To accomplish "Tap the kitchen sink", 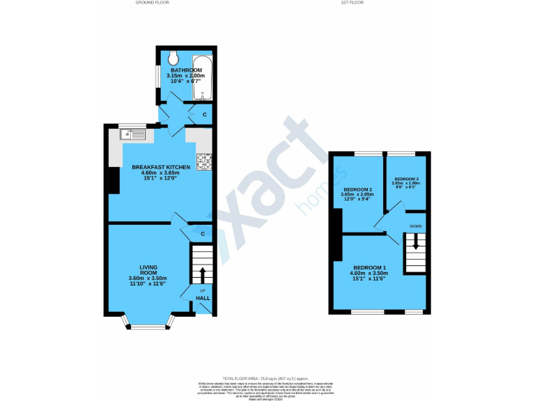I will pos(132,134).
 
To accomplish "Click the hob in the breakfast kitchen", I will pos(204,162).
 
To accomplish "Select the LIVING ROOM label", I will pos(148,269).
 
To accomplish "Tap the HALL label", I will pos(203,298).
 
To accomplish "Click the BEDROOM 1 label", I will pos(369,268).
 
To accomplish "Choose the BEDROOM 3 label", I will pos(403,179).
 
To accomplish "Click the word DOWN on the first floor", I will pos(415,226).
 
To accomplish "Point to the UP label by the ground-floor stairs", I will pos(203,290).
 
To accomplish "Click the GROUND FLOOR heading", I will pos(153,3).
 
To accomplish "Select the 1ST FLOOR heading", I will pos(352,3).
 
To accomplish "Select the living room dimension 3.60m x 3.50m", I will pos(148,279).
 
